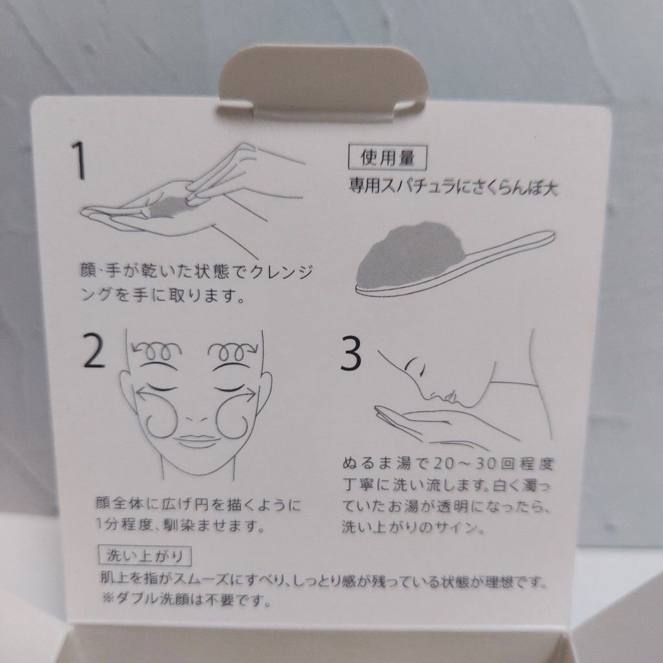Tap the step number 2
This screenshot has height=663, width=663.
(x=94, y=352)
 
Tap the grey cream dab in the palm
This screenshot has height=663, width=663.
(x=169, y=209)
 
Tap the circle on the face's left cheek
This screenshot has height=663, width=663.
(x=163, y=417)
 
